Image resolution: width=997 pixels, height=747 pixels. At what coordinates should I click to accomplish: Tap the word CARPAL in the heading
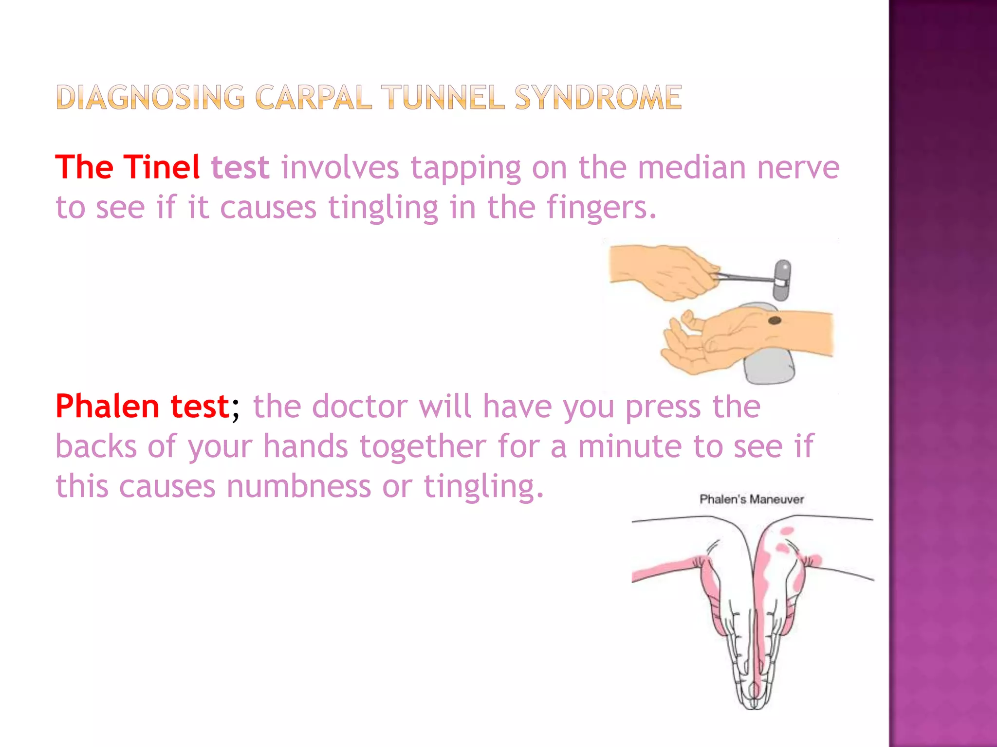click(x=314, y=97)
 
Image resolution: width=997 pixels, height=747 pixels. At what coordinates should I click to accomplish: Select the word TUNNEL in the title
click(x=443, y=97)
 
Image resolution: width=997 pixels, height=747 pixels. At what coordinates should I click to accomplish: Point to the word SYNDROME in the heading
click(x=598, y=97)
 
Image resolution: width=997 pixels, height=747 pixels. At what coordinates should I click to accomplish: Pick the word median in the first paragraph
click(x=691, y=167)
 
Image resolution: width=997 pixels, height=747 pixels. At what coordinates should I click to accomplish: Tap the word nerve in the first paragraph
click(x=798, y=167)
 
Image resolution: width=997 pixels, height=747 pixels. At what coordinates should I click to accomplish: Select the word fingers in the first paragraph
click(x=601, y=208)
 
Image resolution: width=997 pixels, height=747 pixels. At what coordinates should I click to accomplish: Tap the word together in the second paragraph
click(x=423, y=446)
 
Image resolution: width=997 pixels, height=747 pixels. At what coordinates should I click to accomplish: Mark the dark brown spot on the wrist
click(x=775, y=320)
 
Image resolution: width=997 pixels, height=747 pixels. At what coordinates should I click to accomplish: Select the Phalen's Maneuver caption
click(x=751, y=499)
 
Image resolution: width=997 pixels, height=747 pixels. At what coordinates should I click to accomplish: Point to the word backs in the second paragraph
click(x=96, y=446)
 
